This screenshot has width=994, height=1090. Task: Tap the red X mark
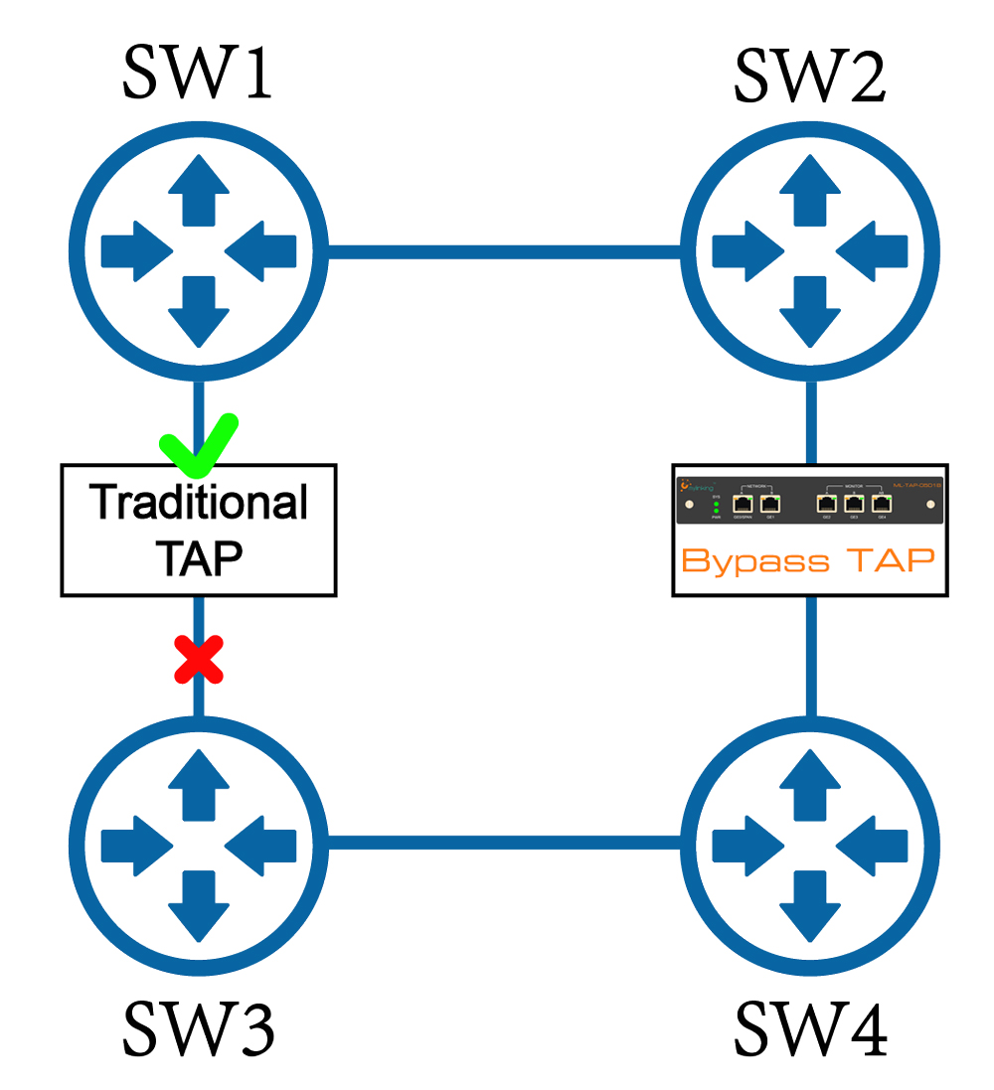[199, 660]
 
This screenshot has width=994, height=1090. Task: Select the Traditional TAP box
[199, 530]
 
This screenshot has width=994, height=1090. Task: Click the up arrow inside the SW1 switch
[199, 189]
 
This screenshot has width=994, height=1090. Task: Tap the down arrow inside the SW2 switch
[810, 308]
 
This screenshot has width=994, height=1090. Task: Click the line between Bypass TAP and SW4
[810, 656]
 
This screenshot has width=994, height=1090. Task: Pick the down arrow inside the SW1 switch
[199, 308]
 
